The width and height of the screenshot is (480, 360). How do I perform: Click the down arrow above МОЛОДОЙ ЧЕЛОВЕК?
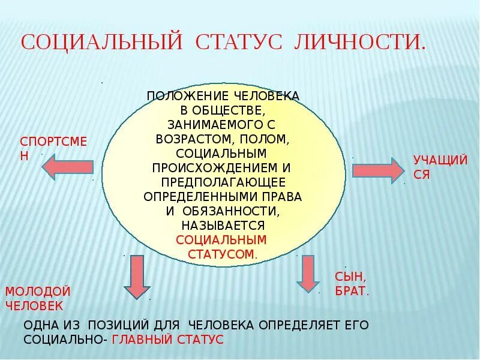tap(137, 276)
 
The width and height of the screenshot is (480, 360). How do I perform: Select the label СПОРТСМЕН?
tap(53, 148)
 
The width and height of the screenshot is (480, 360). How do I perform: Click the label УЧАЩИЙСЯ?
tap(440, 167)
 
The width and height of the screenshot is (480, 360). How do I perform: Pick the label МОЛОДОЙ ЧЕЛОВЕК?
tap(38, 298)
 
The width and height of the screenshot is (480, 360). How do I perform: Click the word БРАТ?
tap(351, 292)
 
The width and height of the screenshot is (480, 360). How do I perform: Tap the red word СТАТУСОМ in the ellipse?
tap(222, 254)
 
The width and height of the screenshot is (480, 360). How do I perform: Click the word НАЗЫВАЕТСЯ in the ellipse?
tap(223, 226)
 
